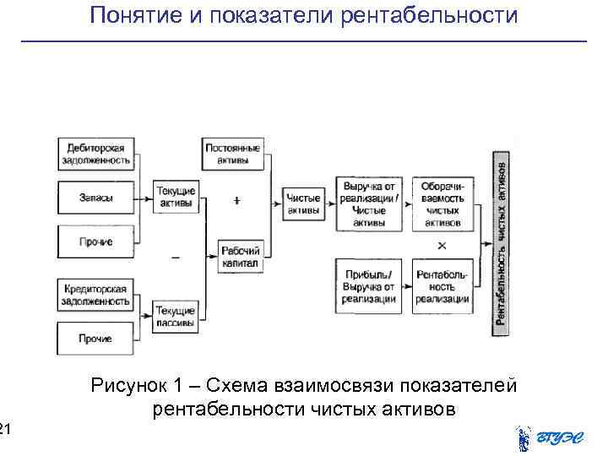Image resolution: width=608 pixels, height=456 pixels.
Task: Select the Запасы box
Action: tap(95, 198)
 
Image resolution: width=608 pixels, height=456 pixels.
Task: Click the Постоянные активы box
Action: tap(233, 154)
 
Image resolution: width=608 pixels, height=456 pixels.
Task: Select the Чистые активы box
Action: tap(303, 204)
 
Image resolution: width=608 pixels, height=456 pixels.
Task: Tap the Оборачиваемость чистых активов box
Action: tap(443, 204)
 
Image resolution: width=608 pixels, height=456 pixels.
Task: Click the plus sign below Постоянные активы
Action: tap(237, 201)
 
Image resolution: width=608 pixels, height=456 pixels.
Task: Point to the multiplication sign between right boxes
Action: tap(442, 246)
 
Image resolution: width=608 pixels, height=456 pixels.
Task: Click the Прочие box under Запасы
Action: tap(95, 242)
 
